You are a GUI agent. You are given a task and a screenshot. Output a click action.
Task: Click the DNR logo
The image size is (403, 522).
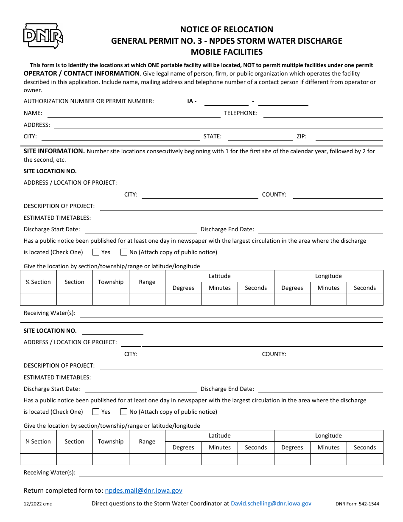click(43, 36)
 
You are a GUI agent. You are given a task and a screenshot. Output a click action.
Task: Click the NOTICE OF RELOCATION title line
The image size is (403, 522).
click(227, 29)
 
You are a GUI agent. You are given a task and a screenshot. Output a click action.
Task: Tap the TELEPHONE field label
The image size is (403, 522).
click(241, 113)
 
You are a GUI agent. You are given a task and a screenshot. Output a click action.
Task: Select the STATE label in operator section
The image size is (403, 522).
click(212, 137)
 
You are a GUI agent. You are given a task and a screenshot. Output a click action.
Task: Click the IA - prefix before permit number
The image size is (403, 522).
click(192, 101)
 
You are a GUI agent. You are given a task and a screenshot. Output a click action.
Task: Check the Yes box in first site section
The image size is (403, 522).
click(96, 252)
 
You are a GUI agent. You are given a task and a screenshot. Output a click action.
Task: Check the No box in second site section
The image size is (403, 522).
click(124, 412)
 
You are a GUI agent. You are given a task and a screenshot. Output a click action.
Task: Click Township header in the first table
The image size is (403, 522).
click(111, 282)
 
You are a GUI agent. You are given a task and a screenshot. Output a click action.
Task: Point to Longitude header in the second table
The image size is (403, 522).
click(328, 435)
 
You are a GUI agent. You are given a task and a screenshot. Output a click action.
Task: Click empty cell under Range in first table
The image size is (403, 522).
click(147, 300)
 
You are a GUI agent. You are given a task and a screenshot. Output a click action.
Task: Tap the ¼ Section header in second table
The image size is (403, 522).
click(38, 441)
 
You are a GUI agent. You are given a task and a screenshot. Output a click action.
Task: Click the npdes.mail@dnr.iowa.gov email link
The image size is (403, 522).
click(143, 491)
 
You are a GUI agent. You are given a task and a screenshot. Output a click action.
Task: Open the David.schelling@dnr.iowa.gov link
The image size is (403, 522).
click(271, 504)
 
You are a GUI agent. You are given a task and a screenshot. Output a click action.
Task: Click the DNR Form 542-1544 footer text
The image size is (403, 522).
click(357, 504)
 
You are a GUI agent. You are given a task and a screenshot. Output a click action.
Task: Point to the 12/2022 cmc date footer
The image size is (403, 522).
click(38, 504)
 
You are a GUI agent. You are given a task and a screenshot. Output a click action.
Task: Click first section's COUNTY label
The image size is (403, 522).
click(274, 194)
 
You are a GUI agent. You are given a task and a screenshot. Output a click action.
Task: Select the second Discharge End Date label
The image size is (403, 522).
click(227, 389)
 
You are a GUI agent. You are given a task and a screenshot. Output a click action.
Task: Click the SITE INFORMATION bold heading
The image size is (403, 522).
click(54, 151)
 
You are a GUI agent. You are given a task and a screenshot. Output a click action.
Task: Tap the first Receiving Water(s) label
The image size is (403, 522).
click(50, 313)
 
